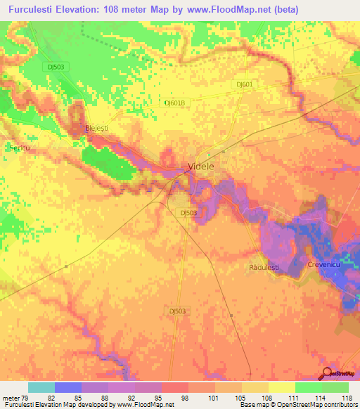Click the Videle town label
pyautogui.click(x=200, y=167)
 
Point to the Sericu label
pyautogui.click(x=17, y=148)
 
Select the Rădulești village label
pyautogui.click(x=264, y=268)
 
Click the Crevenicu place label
pyautogui.click(x=324, y=264)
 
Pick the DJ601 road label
pyautogui.click(x=245, y=84)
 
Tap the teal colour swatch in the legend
pyautogui.click(x=41, y=387)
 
